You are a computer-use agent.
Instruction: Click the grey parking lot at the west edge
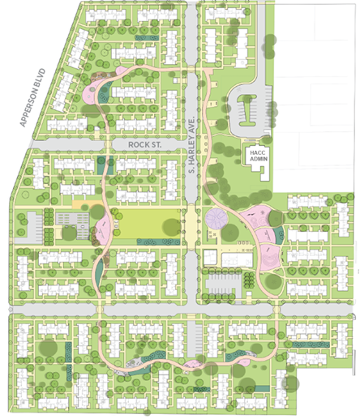click(32, 222)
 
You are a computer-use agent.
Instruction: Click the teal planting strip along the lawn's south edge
click(153, 242)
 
